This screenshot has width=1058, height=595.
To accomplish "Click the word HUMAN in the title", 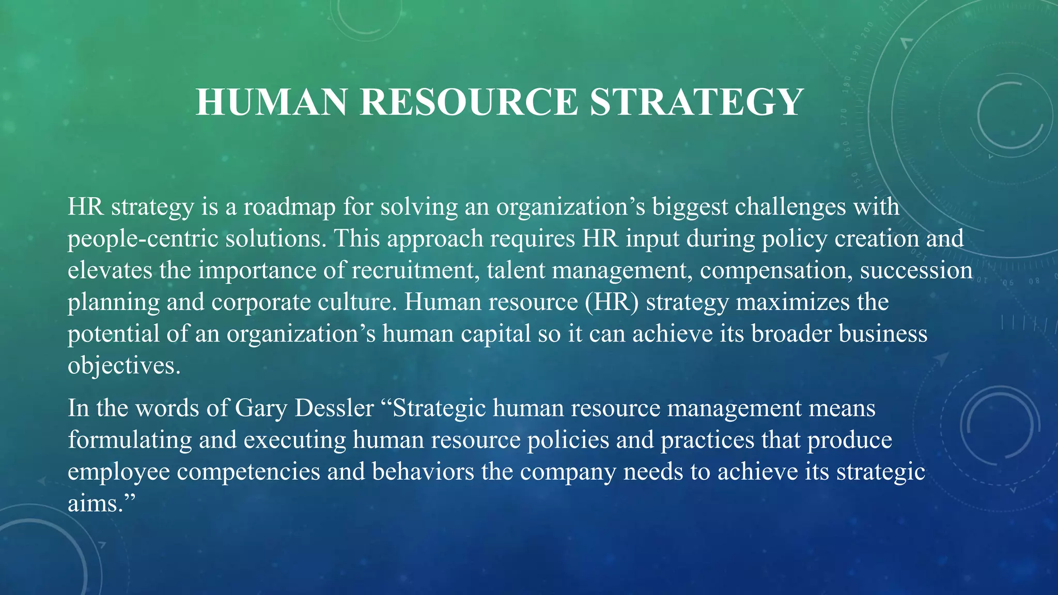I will click(271, 102).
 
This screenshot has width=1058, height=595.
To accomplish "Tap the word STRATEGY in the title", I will click(696, 102).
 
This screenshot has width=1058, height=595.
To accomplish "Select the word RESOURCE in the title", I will click(469, 102).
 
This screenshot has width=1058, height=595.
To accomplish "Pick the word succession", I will click(916, 270).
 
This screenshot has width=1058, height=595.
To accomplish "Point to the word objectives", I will click(124, 366).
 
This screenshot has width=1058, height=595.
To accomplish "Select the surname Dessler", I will click(334, 408).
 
